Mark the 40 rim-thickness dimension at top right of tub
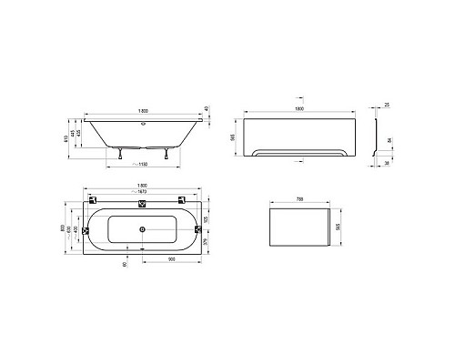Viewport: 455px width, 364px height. [207, 110]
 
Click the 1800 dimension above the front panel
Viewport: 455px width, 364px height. [301, 109]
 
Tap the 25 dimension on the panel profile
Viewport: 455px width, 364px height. [387, 106]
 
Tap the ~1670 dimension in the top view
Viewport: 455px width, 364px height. [142, 199]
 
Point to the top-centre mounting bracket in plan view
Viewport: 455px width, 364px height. [142, 203]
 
